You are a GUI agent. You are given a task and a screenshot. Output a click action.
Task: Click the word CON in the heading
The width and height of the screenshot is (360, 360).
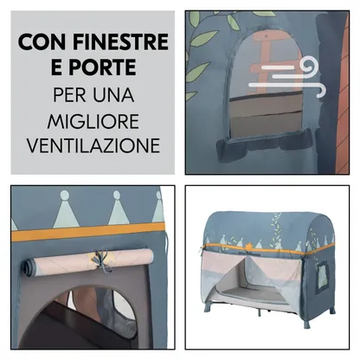[x=43, y=41]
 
